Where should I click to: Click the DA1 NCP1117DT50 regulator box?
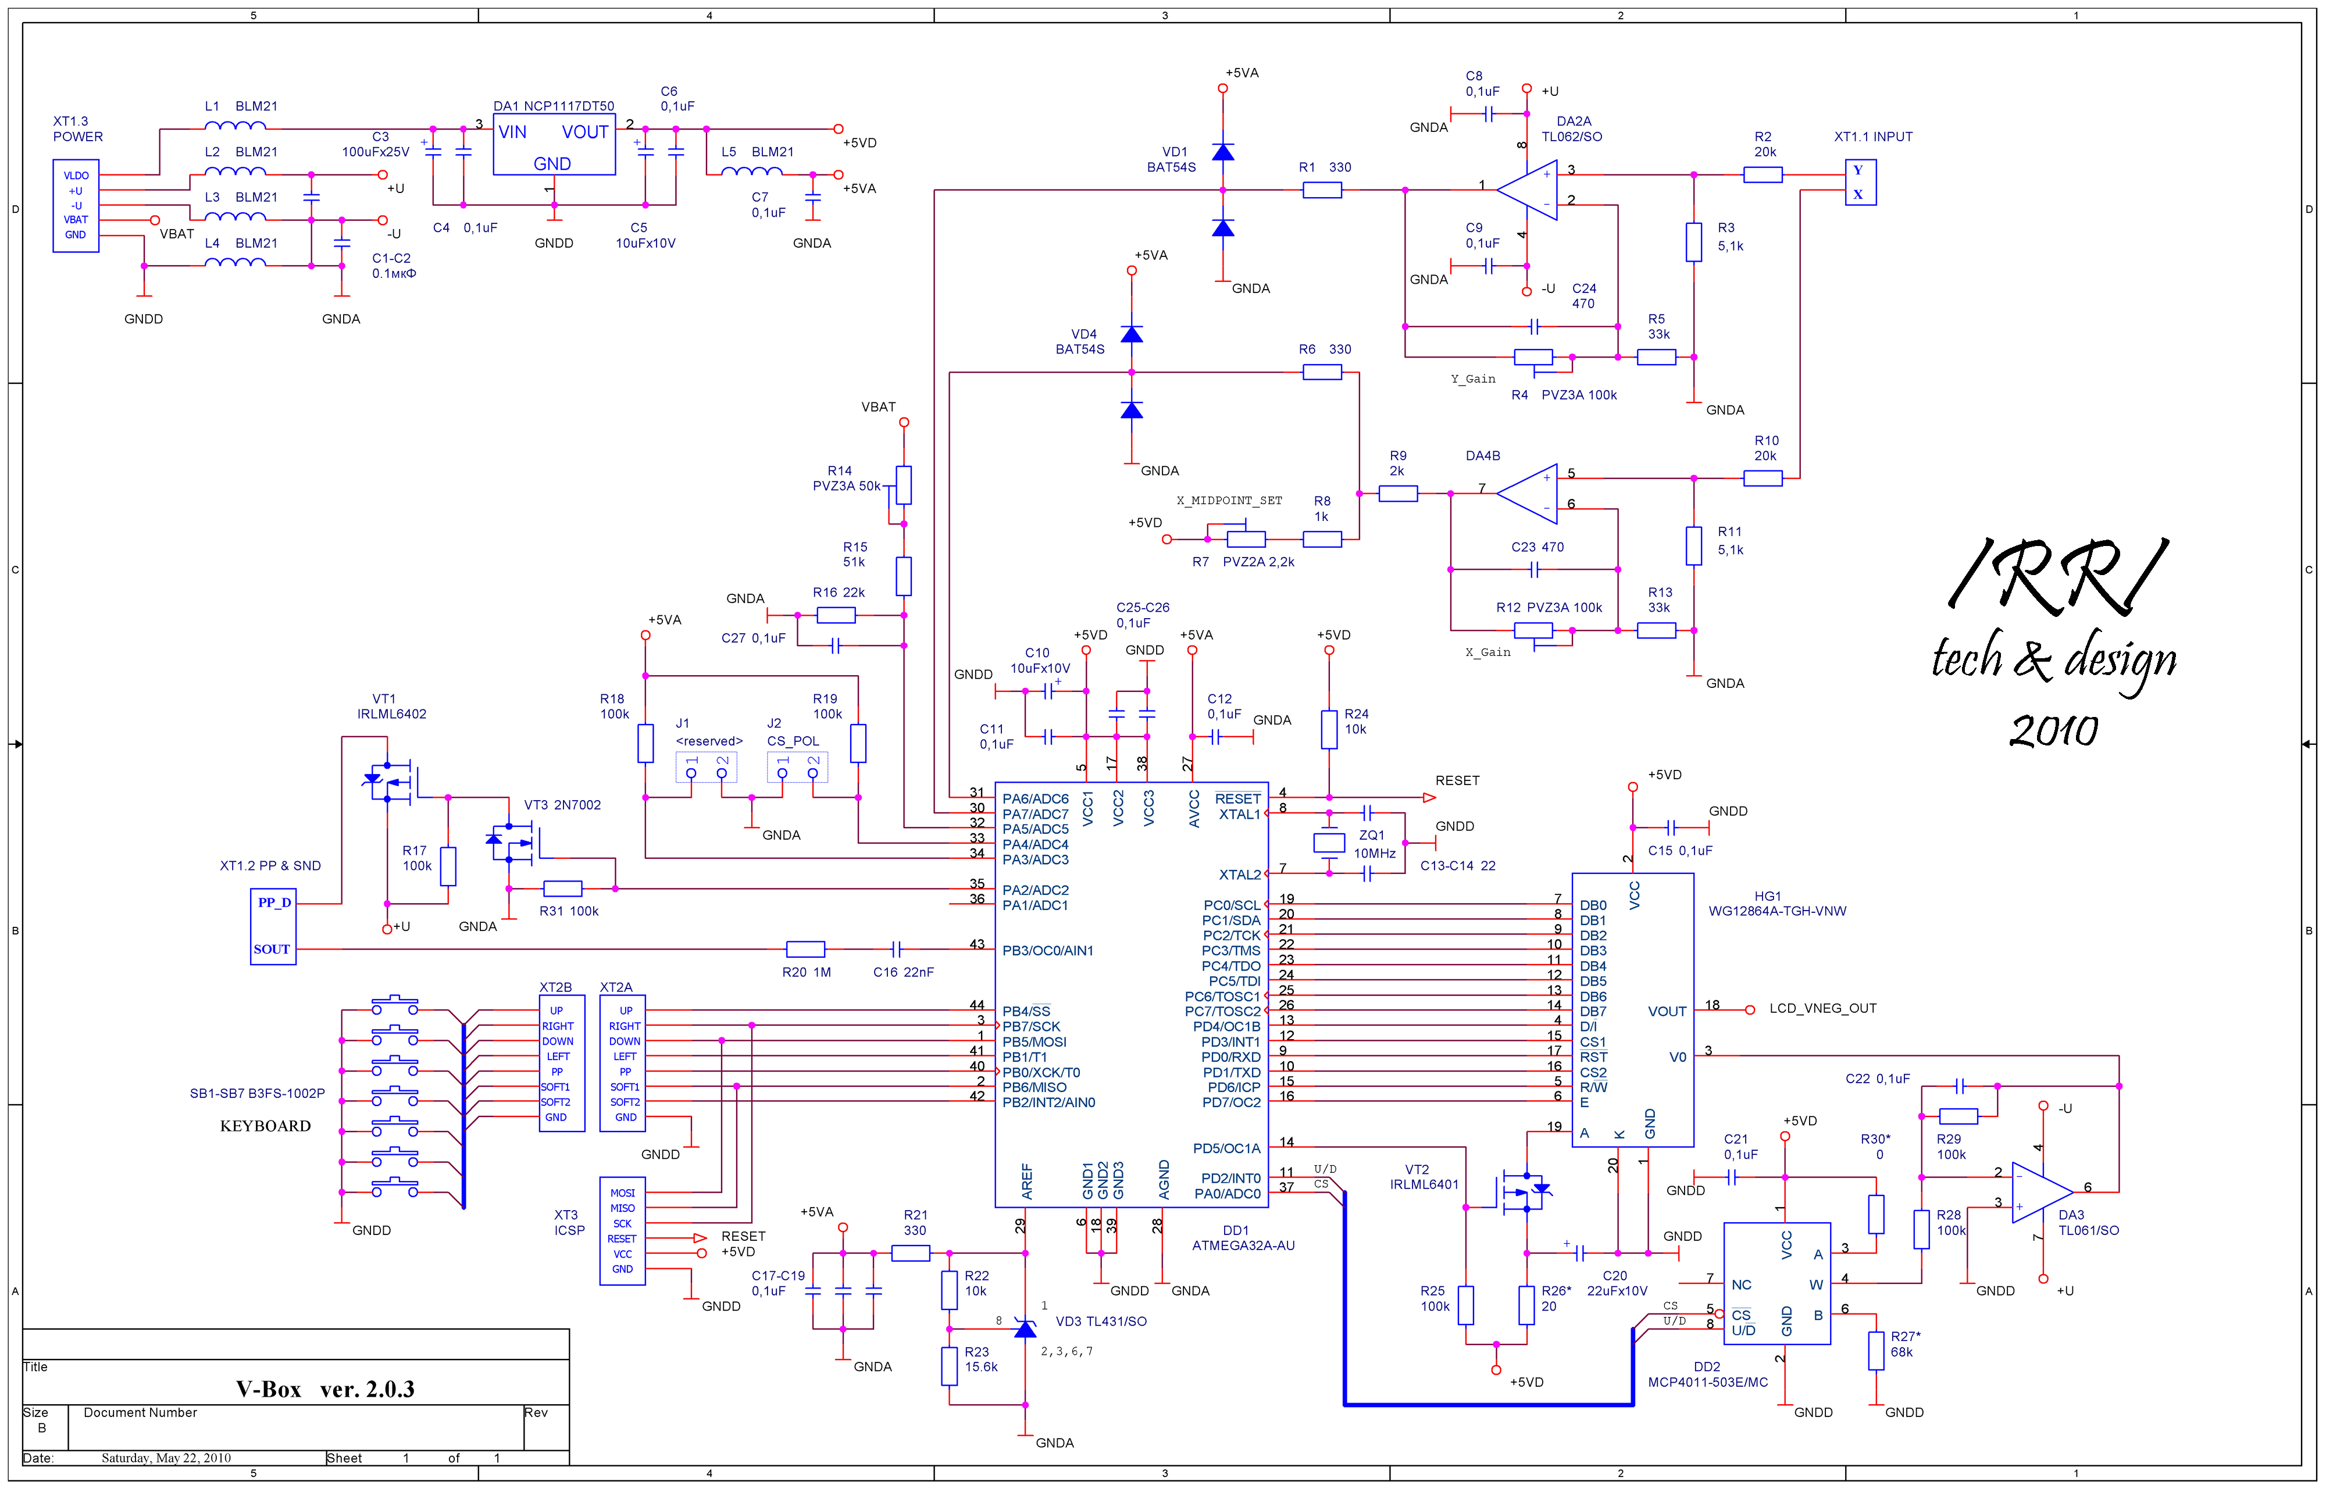click(554, 145)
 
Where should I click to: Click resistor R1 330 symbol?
click(1321, 190)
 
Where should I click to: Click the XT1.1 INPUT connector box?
click(1860, 183)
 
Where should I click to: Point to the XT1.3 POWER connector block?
click(76, 206)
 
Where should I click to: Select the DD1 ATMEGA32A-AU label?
click(1243, 1238)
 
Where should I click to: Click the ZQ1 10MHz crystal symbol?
click(1329, 843)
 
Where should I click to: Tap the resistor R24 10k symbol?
click(1329, 730)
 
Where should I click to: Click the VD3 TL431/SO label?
click(1101, 1321)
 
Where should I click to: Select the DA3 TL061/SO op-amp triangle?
click(2042, 1193)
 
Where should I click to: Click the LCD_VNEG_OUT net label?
click(1822, 1008)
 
